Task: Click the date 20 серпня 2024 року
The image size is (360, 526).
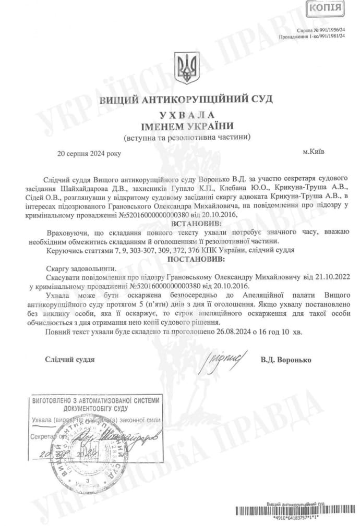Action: tap(89, 154)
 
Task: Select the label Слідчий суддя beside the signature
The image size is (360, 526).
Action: tap(70, 360)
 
